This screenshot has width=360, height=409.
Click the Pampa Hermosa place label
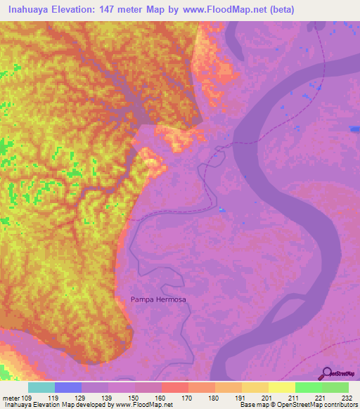coord(158,299)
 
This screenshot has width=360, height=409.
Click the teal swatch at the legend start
coord(41,387)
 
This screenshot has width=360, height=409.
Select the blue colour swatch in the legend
coord(68,387)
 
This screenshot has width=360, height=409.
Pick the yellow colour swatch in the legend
coord(281,387)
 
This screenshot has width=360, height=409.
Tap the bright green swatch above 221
coord(308,387)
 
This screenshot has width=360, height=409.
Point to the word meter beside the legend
coord(11,398)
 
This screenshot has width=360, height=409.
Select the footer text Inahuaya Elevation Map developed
coord(49,405)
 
